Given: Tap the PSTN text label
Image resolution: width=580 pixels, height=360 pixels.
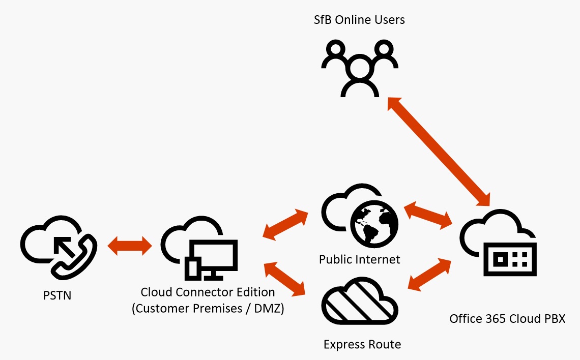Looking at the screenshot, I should tap(57, 295).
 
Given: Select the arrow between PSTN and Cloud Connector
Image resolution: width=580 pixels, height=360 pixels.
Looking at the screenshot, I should tap(130, 247).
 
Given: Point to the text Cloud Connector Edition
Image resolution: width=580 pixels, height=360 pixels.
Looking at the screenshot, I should tap(208, 292).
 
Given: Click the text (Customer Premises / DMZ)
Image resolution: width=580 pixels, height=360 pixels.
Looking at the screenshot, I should tap(208, 309).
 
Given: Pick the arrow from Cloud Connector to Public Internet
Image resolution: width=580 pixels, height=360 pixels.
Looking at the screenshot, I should tap(287, 223).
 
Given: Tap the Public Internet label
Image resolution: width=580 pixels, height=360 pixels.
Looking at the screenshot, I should tap(360, 259).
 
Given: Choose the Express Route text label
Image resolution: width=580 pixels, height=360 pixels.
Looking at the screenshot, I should tap(362, 344).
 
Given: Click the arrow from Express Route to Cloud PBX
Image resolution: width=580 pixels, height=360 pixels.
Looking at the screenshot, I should tap(430, 275).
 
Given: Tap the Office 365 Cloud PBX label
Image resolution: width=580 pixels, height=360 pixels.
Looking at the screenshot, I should tap(507, 319).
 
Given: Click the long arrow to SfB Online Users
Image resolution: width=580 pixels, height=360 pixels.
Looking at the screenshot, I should tap(438, 149).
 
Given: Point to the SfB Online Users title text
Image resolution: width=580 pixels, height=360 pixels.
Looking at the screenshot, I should tap(359, 20).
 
